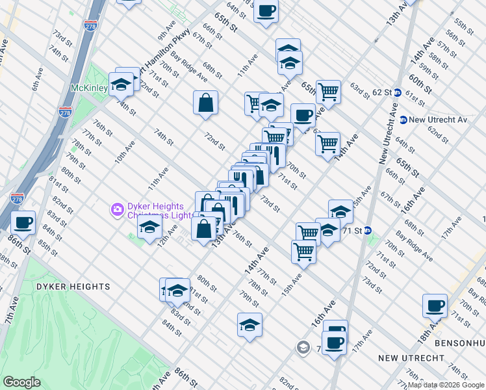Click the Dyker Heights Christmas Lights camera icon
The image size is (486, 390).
pyautogui.click(x=118, y=209)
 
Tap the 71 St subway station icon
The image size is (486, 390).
pyautogui.click(x=368, y=230)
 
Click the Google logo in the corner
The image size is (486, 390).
pyautogui.click(x=21, y=382)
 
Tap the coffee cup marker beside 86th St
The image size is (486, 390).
pyautogui.click(x=23, y=222)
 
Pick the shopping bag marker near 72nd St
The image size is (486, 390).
pyautogui.click(x=205, y=102)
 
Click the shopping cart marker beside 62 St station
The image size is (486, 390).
pyautogui.click(x=329, y=92)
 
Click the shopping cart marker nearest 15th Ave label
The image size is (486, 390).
pyautogui.click(x=304, y=251)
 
